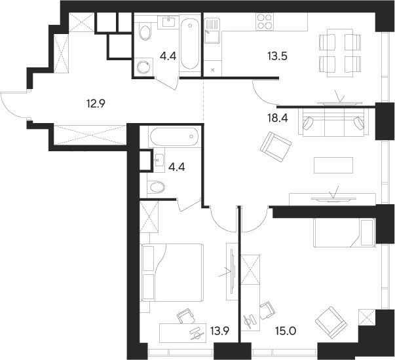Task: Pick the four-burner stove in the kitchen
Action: pos(264,23)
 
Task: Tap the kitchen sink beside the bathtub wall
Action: pos(213,30)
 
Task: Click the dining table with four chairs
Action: pos(339,52)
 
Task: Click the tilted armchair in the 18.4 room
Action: pos(275,148)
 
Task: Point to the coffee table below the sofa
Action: pos(333,164)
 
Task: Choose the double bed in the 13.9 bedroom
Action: pos(172,270)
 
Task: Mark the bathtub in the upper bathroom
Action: pos(190,43)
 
